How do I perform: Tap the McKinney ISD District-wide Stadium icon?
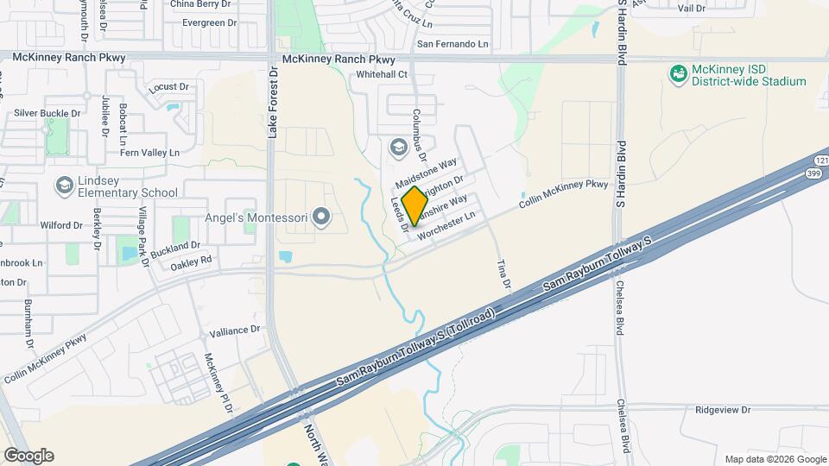[678, 74]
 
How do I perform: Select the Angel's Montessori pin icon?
[322, 216]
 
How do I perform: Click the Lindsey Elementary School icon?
[64, 186]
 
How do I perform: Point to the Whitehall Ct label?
[382, 75]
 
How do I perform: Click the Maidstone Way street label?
[426, 173]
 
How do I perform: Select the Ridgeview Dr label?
[723, 410]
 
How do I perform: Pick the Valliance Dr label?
[235, 330]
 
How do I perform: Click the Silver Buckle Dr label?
[47, 113]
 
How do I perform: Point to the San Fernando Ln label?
[452, 44]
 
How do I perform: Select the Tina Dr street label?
[506, 274]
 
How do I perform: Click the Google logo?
[28, 455]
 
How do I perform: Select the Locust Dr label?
[168, 86]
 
